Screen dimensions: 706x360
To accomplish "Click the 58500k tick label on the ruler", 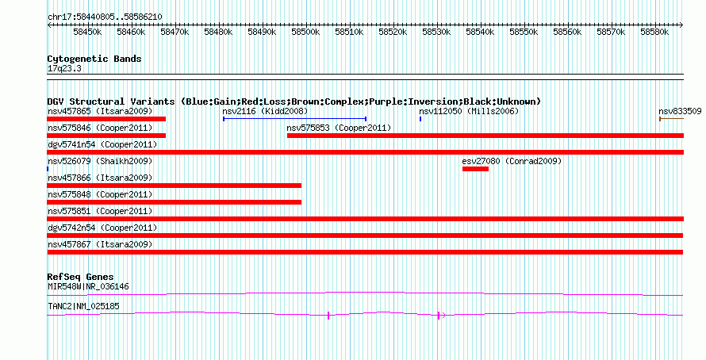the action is pyautogui.click(x=305, y=32).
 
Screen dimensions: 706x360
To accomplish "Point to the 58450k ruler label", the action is pyautogui.click(x=87, y=32).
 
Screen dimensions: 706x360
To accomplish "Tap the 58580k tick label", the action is pyautogui.click(x=654, y=32).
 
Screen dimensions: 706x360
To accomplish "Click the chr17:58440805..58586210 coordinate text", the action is pyautogui.click(x=105, y=17).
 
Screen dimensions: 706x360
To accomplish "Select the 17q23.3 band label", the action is pyautogui.click(x=64, y=69).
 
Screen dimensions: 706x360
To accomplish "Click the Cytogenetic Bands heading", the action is pyautogui.click(x=94, y=59).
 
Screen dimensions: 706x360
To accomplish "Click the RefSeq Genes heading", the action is pyautogui.click(x=80, y=277).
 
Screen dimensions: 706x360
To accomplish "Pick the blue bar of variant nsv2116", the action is pyautogui.click(x=294, y=119).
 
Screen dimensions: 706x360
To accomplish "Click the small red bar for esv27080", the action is pyautogui.click(x=475, y=169).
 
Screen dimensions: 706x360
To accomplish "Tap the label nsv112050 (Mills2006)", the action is pyautogui.click(x=469, y=111).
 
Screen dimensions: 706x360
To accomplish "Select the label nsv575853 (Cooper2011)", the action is pyautogui.click(x=339, y=128).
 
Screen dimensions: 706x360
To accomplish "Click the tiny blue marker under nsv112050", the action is pyautogui.click(x=420, y=119).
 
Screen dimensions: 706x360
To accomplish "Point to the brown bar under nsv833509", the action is pyautogui.click(x=671, y=119).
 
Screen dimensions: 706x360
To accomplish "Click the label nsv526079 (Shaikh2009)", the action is pyautogui.click(x=100, y=161).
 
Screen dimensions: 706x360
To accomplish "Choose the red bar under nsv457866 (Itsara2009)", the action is pyautogui.click(x=175, y=186).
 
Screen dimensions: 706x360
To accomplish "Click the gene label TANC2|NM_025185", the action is pyautogui.click(x=83, y=306).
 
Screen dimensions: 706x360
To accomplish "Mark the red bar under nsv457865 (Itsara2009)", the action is pyautogui.click(x=106, y=119).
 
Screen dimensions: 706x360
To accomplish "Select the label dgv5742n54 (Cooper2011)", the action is pyautogui.click(x=102, y=228).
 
